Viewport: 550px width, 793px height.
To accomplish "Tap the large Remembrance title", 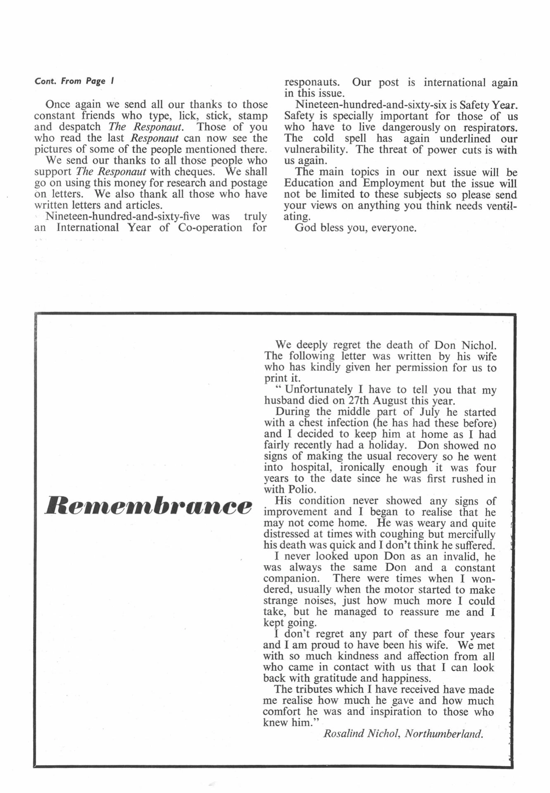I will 148,506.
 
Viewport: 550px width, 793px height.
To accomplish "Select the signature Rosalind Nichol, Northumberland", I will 403,734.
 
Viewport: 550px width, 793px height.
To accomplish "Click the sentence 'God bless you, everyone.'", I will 356,228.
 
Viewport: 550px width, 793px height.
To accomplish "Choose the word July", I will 429,412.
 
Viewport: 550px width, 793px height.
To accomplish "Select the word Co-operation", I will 210,228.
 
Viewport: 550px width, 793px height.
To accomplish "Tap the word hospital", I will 313,467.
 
